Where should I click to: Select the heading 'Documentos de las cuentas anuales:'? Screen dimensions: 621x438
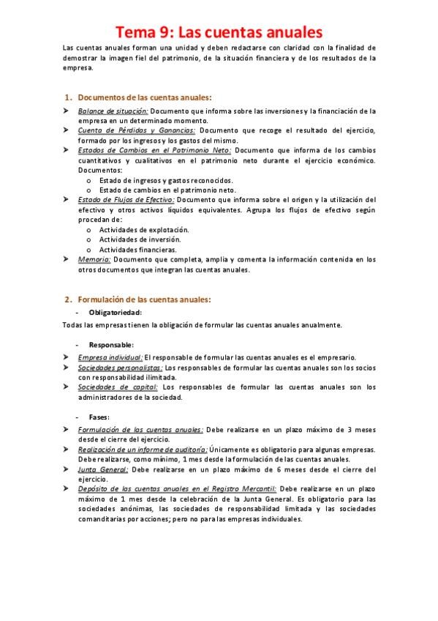145,97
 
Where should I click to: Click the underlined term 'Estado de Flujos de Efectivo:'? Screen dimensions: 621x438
126,199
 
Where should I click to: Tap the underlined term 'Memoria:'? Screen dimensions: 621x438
94,259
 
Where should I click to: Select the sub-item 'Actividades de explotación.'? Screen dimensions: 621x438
139,229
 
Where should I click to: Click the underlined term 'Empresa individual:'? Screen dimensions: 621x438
110,357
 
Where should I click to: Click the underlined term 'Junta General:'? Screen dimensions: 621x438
103,469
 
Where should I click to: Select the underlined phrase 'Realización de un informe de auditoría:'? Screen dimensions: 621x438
143,449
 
